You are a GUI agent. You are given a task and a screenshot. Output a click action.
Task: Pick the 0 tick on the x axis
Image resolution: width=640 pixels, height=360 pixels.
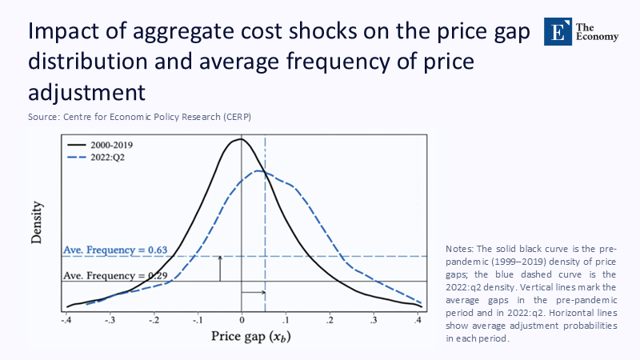(242, 320)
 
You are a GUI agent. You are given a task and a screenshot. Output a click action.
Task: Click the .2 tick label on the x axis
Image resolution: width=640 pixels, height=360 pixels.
(330, 320)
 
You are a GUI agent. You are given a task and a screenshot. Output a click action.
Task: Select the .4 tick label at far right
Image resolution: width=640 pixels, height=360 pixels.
(418, 320)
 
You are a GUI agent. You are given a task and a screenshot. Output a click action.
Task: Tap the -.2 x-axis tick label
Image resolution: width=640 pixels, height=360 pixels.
(154, 320)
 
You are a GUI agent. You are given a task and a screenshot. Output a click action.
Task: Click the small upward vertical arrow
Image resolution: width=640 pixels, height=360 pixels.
(220, 268)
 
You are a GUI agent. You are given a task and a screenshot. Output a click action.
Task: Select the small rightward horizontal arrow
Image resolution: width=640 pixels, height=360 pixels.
(254, 293)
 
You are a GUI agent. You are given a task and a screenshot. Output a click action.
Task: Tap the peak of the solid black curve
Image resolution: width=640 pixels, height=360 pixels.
(240, 140)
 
